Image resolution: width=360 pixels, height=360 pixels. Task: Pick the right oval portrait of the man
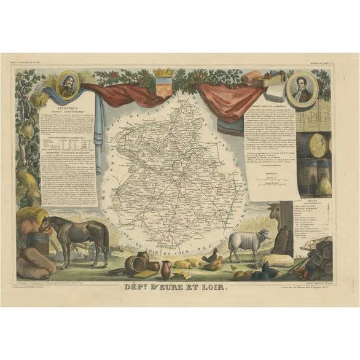(302, 89)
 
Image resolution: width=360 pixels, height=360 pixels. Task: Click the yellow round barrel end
(319, 146)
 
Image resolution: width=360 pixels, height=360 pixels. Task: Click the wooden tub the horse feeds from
(41, 243)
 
